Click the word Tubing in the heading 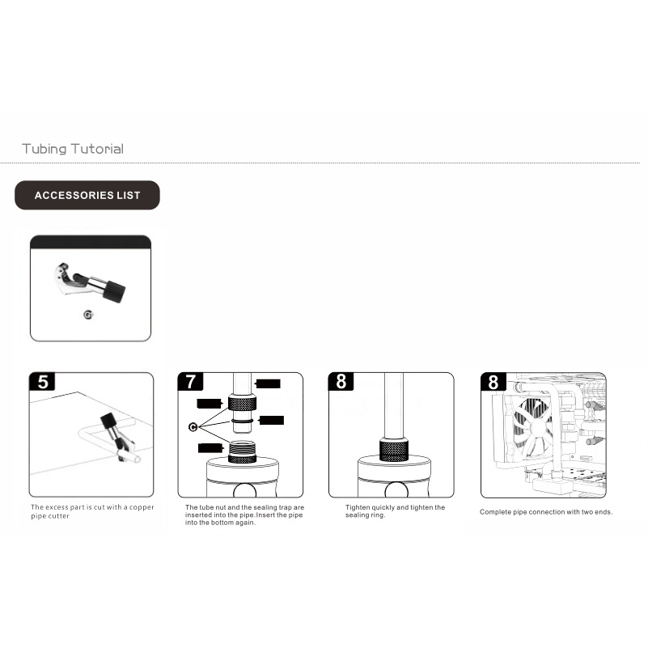click(x=44, y=149)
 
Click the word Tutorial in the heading click(x=97, y=149)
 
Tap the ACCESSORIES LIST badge click(x=87, y=195)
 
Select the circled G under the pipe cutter click(x=88, y=315)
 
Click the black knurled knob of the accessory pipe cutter click(x=113, y=291)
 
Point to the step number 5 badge click(x=43, y=382)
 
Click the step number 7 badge click(x=190, y=382)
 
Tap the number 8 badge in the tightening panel click(x=341, y=382)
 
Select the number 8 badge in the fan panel click(x=493, y=382)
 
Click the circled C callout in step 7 click(x=193, y=427)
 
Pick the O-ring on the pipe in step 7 click(x=242, y=421)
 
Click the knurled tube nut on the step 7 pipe click(x=242, y=403)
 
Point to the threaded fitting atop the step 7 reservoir click(x=242, y=451)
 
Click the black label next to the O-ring click(x=271, y=421)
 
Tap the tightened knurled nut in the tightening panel click(x=394, y=450)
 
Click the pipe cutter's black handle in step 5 click(x=108, y=421)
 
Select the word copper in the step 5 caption click(x=142, y=507)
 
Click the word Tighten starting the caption click(x=358, y=507)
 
